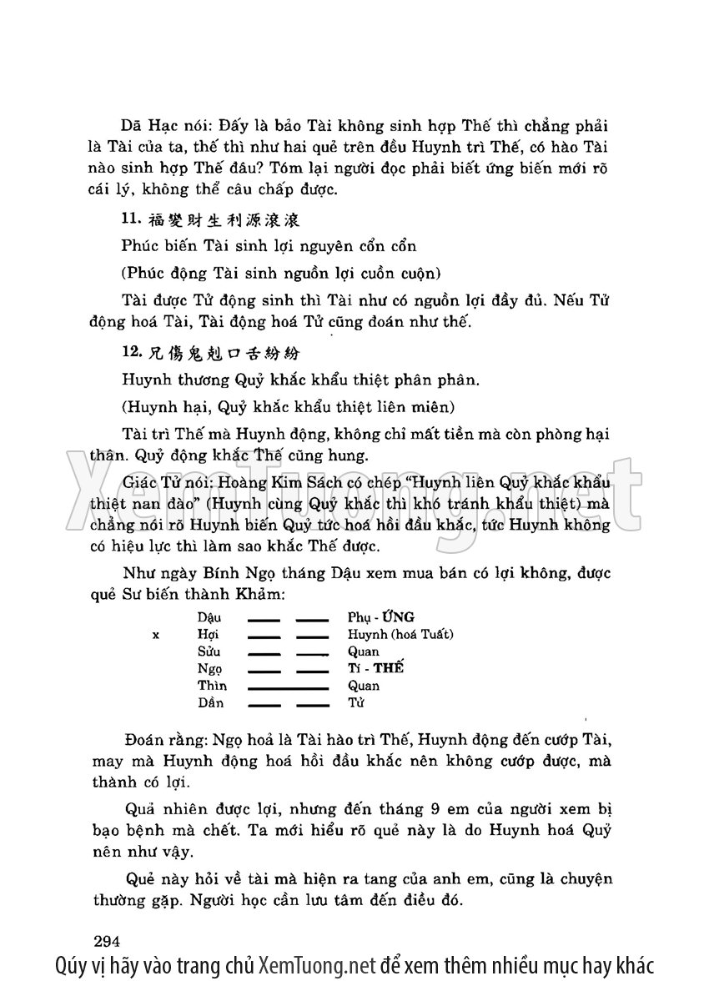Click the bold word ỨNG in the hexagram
[x=395, y=617]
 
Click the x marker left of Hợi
[x=156, y=635]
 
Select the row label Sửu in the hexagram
[x=209, y=651]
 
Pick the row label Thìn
[x=212, y=686]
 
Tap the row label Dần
[x=211, y=703]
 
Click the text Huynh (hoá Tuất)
[x=400, y=635]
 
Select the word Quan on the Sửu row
[x=364, y=651]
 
